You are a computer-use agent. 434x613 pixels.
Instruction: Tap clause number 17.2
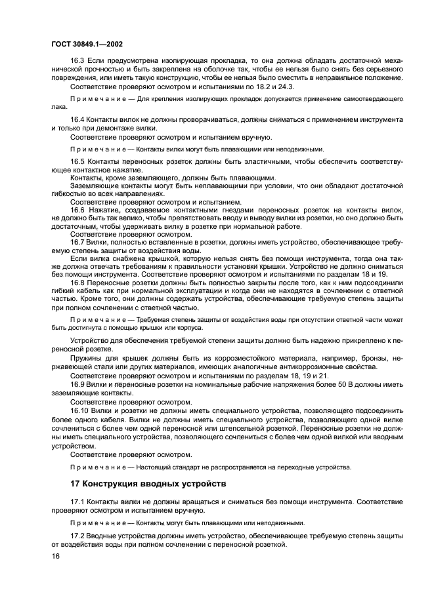tap(77, 535)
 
